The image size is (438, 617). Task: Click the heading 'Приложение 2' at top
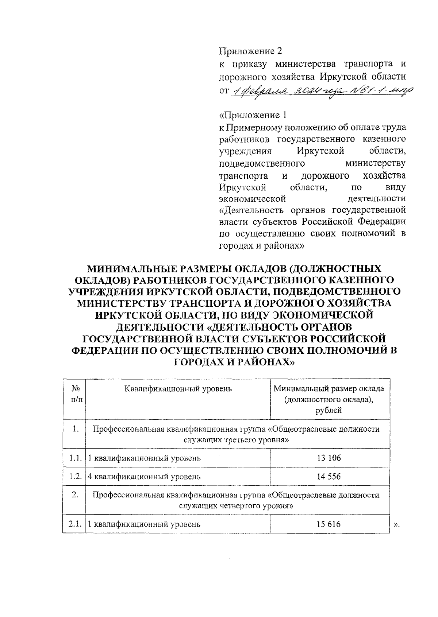(250, 51)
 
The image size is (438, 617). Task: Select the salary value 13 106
(329, 458)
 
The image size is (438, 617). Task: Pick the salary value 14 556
(329, 476)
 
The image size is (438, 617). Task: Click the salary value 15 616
(329, 524)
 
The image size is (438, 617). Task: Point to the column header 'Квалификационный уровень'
(178, 389)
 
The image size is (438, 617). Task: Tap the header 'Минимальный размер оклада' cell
(329, 389)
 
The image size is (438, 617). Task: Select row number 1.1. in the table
(75, 458)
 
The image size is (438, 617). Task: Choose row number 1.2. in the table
(75, 476)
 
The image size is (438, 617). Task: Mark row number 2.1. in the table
(75, 524)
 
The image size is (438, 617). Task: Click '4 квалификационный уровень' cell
(145, 476)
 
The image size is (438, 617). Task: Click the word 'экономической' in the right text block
(252, 199)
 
